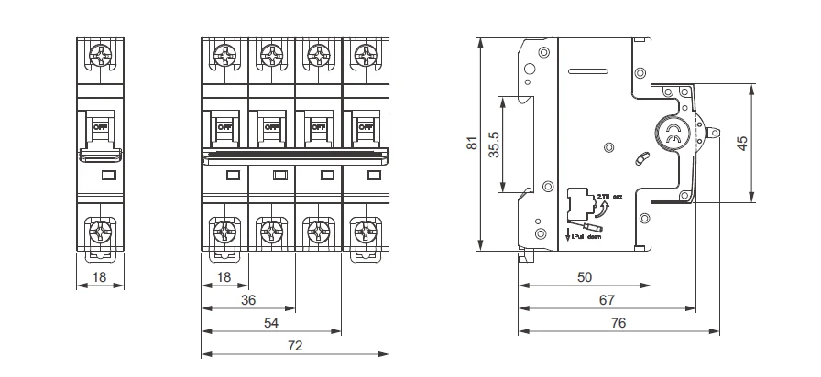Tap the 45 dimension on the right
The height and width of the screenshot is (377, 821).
coord(743,143)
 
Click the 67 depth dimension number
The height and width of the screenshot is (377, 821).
coord(606,299)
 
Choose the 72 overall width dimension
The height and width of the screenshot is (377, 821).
coord(295,346)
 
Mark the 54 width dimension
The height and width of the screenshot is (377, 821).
coord(271,322)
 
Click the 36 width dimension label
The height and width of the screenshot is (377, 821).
coord(247,299)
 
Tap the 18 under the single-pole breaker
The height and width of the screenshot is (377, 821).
coord(99,275)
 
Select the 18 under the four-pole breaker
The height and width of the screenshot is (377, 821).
coord(224,275)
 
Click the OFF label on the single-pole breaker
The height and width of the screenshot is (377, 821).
coord(99,127)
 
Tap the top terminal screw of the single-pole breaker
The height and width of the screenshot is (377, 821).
coord(99,58)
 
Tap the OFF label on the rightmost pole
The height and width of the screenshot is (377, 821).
coord(365,127)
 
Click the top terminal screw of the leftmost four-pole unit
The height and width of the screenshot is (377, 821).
coord(224,58)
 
